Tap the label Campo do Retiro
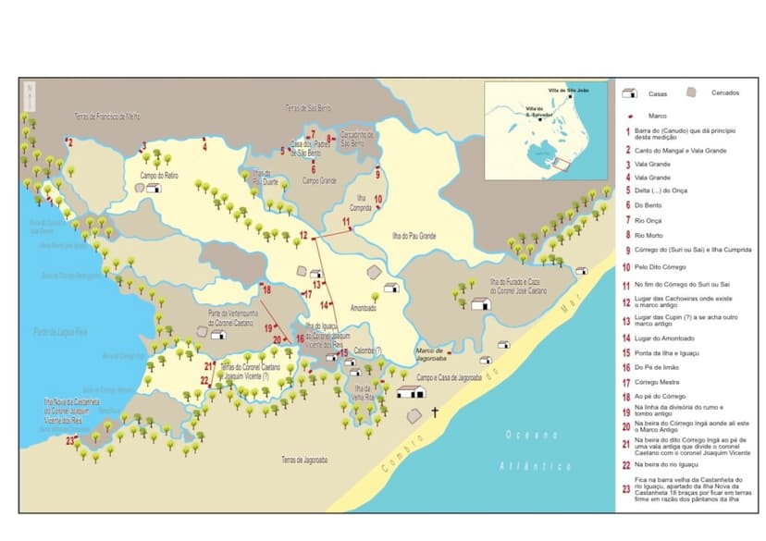158,176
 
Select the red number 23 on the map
70,440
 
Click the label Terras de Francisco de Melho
107,117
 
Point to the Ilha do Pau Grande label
414,238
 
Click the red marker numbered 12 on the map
303,239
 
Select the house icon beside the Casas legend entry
629,94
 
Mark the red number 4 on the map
204,145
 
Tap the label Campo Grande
319,180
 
